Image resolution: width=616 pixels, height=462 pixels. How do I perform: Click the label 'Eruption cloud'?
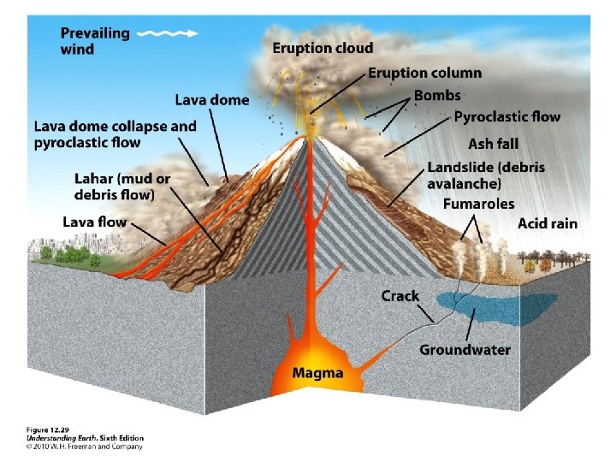[323, 48]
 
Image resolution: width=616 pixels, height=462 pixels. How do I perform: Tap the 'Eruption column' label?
[424, 73]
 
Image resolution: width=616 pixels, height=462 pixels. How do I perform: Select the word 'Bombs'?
[437, 95]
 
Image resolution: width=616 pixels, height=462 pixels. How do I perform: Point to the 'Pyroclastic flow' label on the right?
[506, 117]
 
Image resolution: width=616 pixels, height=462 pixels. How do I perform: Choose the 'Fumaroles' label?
[478, 204]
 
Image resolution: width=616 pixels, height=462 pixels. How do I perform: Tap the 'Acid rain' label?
[548, 224]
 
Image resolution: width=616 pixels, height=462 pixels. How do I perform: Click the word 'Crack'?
[400, 296]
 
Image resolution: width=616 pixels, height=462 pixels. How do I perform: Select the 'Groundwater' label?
[465, 350]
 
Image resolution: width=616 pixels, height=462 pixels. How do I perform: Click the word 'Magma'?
[317, 373]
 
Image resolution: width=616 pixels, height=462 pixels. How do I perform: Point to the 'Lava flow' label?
[94, 222]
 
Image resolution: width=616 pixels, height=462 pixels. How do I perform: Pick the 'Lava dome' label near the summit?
[212, 100]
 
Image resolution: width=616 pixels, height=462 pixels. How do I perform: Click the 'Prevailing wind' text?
[95, 41]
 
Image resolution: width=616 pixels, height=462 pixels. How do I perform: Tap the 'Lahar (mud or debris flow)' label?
[122, 187]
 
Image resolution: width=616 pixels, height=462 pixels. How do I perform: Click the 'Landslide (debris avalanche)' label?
[485, 175]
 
